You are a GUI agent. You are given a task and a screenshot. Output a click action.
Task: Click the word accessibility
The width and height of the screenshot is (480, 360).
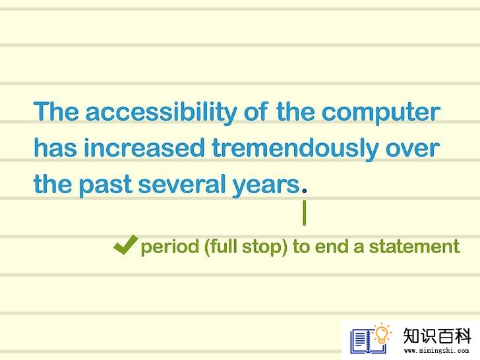click(x=161, y=112)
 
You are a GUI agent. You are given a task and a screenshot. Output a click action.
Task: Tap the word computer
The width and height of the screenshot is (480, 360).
click(x=381, y=113)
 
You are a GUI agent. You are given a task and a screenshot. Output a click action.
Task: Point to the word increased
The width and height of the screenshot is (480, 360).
click(x=144, y=148)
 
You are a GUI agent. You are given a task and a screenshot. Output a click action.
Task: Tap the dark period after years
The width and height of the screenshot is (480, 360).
click(x=305, y=191)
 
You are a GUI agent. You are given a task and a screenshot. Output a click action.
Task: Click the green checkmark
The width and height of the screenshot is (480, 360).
click(x=125, y=245)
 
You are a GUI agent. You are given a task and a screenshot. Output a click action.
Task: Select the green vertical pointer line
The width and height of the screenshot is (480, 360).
click(x=305, y=213)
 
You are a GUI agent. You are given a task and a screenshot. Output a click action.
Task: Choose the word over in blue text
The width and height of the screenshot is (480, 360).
click(x=413, y=149)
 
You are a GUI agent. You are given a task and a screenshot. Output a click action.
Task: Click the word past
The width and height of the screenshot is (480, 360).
click(x=105, y=185)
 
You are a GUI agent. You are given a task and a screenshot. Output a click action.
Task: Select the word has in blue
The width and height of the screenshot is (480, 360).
click(x=55, y=148)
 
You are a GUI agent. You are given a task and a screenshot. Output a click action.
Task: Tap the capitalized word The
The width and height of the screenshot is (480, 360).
click(x=55, y=111)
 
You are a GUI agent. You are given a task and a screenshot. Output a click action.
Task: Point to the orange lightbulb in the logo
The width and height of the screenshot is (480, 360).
click(x=382, y=334)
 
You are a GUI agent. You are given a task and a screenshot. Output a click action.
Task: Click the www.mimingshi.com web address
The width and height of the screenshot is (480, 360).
click(x=436, y=351)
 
